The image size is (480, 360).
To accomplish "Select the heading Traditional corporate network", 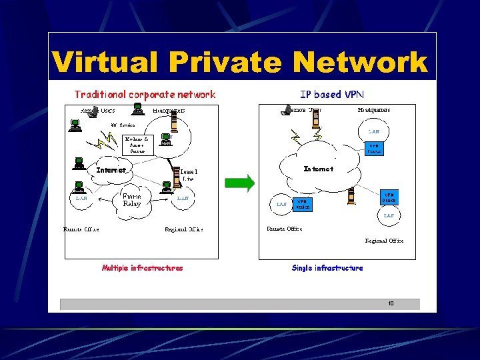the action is [145, 95].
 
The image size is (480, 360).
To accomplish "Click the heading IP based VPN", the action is [332, 95].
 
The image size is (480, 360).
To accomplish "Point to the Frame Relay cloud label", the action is [132, 200].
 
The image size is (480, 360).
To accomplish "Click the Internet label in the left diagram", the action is [111, 170].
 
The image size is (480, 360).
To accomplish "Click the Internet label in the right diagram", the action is [319, 169].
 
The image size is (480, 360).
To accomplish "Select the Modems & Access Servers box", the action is [137, 145].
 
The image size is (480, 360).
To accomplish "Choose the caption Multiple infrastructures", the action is [142, 268].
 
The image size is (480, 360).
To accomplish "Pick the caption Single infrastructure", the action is [327, 268].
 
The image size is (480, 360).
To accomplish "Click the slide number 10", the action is [391, 304].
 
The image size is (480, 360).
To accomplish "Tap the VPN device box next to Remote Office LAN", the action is [302, 204].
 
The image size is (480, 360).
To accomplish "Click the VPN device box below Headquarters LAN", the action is [374, 149].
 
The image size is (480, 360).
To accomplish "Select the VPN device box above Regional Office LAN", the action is [389, 197].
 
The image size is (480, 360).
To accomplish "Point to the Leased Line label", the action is [189, 175].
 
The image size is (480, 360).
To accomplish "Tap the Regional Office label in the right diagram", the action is [384, 241].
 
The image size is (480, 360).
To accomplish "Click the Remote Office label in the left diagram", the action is [81, 229].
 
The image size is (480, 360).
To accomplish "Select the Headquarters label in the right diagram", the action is [374, 110].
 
